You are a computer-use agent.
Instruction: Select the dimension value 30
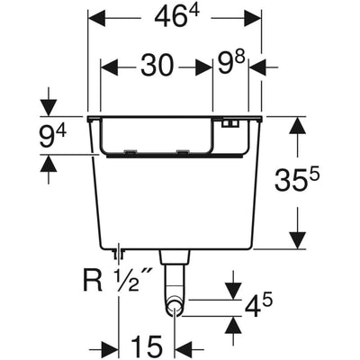click(157, 66)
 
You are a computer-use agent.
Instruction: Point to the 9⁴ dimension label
click(52, 135)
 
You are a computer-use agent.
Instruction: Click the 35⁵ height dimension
click(296, 179)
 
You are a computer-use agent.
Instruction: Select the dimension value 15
click(147, 345)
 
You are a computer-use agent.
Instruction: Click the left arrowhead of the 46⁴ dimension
click(97, 18)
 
